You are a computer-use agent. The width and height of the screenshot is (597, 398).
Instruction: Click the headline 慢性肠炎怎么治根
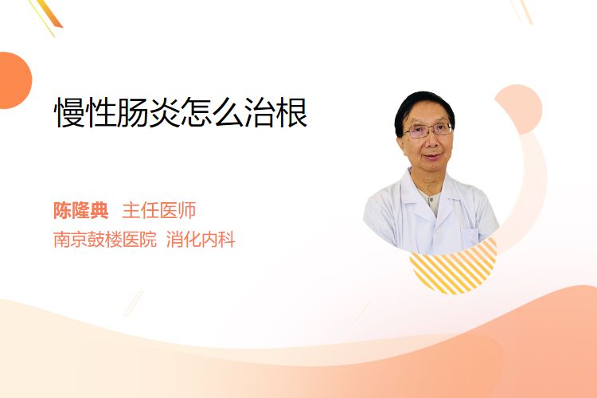point(181,112)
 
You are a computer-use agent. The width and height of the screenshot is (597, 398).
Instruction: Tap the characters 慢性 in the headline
point(86,112)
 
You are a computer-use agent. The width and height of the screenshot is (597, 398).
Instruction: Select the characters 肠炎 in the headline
point(149,112)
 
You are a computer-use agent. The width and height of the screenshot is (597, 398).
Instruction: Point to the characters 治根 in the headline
point(276,112)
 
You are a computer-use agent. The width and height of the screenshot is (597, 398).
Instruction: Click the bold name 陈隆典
point(81,210)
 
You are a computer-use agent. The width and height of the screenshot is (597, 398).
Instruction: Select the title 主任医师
point(159,210)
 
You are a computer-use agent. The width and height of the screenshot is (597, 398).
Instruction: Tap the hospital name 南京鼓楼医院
point(105,239)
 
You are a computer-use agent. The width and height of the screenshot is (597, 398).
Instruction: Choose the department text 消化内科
point(201,239)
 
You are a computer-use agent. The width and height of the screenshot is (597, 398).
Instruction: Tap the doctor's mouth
point(433,157)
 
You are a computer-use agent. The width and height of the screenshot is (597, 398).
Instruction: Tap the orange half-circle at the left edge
point(14,80)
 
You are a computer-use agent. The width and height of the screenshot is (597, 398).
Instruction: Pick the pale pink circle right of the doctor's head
point(520,108)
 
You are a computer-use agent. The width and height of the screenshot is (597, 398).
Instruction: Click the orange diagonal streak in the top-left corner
point(49,13)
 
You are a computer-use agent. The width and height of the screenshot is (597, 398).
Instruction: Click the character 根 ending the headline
point(292,112)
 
